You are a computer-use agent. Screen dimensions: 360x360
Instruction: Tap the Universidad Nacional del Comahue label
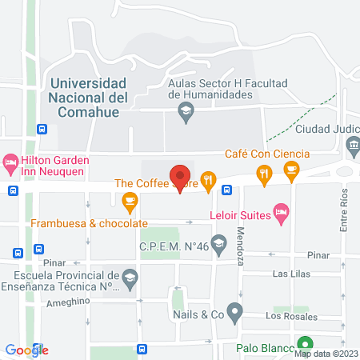coord(88,98)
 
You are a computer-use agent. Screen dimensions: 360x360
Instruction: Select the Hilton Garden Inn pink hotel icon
coord(10,163)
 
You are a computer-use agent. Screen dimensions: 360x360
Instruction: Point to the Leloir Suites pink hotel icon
coord(280,212)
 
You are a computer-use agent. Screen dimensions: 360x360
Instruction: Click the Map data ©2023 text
coord(328,354)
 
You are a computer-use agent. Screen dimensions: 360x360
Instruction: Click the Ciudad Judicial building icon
coord(353,146)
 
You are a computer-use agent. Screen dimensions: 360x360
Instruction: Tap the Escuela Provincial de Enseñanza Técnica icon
coord(130,277)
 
